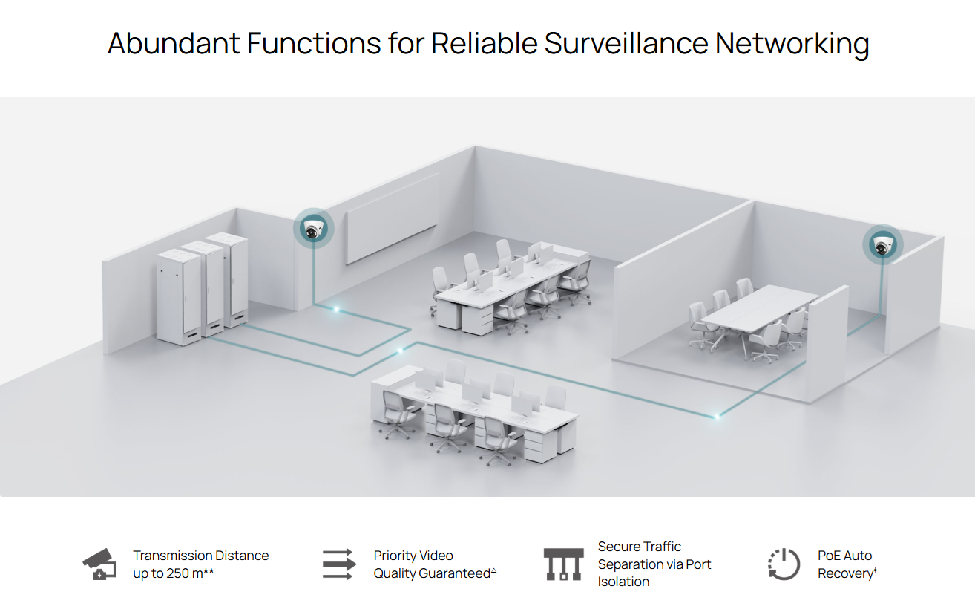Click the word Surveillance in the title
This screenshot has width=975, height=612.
(x=626, y=43)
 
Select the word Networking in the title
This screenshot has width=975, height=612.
(x=792, y=44)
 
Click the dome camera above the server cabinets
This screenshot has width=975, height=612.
(x=313, y=229)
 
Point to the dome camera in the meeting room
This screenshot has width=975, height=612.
(x=882, y=246)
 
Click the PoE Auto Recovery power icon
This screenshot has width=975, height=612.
(x=784, y=564)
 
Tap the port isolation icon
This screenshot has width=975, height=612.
(x=563, y=564)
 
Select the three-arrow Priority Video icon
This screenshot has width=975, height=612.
(x=339, y=564)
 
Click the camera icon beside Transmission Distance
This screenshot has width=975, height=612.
(x=99, y=564)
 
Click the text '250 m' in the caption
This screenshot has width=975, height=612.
(x=185, y=573)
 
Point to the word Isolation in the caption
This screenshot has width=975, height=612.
(x=623, y=582)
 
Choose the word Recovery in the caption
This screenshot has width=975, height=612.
(x=846, y=573)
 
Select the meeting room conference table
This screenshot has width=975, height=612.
(x=760, y=312)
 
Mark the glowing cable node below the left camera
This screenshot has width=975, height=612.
(x=336, y=309)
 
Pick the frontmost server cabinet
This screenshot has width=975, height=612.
(x=180, y=297)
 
